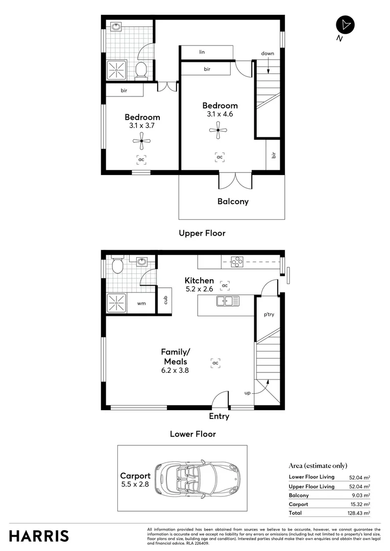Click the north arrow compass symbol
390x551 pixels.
click(345, 25)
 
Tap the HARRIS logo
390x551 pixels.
click(39, 536)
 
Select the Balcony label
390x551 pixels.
click(233, 201)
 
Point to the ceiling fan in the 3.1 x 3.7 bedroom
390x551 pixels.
click(141, 141)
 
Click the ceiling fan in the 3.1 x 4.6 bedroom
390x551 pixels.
click(218, 130)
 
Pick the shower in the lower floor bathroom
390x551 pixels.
click(117, 303)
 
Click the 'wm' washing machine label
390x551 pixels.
click(141, 303)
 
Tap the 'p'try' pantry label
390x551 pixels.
click(269, 314)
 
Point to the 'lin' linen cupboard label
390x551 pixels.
click(202, 52)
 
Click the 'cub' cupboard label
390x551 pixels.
click(165, 300)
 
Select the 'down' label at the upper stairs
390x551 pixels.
click(267, 53)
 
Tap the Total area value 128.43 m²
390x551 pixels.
click(359, 513)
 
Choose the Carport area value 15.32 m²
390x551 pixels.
click(359, 504)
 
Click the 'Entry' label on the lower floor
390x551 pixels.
click(219, 416)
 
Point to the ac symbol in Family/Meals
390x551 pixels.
click(215, 363)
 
